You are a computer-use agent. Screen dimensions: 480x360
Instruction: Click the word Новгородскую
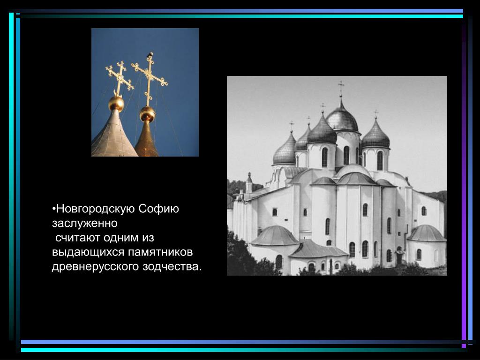pos(96,209)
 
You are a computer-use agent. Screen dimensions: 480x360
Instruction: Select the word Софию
pos(158,209)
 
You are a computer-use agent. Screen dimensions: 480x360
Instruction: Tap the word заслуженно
pos(84,224)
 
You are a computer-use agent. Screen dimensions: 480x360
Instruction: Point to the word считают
pos(79,238)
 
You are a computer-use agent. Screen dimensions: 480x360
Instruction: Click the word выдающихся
pos(88,253)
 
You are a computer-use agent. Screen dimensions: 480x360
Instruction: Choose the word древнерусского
pos(96,267)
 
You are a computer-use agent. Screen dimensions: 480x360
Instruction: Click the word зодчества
pos(172,267)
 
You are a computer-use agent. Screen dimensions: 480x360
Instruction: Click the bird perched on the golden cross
pos(150,54)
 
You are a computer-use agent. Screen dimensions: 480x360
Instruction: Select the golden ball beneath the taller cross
pos(148,114)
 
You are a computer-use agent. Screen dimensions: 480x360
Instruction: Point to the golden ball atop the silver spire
pos(116,104)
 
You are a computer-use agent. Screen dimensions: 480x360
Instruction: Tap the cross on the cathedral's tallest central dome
pos(341,88)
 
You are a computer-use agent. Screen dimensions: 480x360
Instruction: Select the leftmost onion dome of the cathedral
pos(285,150)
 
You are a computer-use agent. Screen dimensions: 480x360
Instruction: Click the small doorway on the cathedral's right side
pos(399,257)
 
